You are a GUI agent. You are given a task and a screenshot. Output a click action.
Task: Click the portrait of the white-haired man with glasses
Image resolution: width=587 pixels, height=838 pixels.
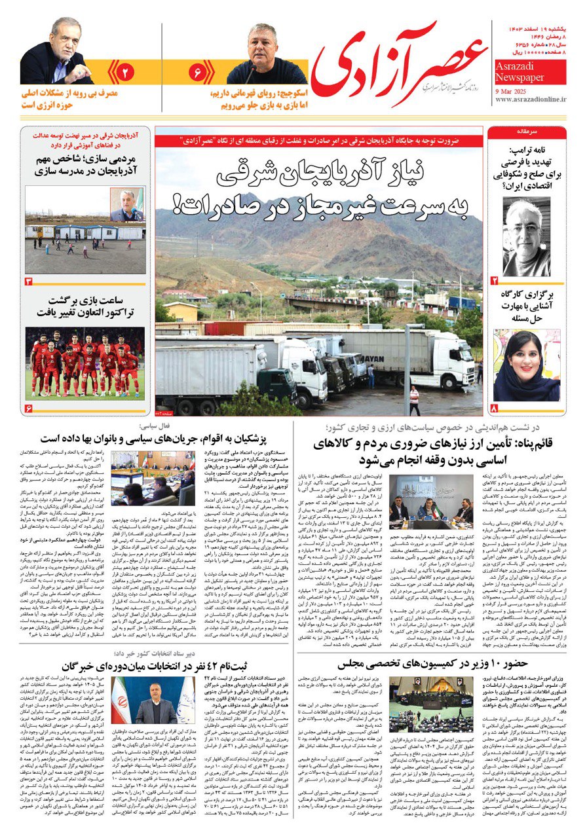(526, 238)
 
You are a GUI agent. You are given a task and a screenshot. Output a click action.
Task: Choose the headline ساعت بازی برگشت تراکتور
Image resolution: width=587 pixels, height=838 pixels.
(85, 307)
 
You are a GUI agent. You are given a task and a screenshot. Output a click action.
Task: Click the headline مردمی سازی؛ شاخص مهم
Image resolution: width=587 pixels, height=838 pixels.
(85, 166)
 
